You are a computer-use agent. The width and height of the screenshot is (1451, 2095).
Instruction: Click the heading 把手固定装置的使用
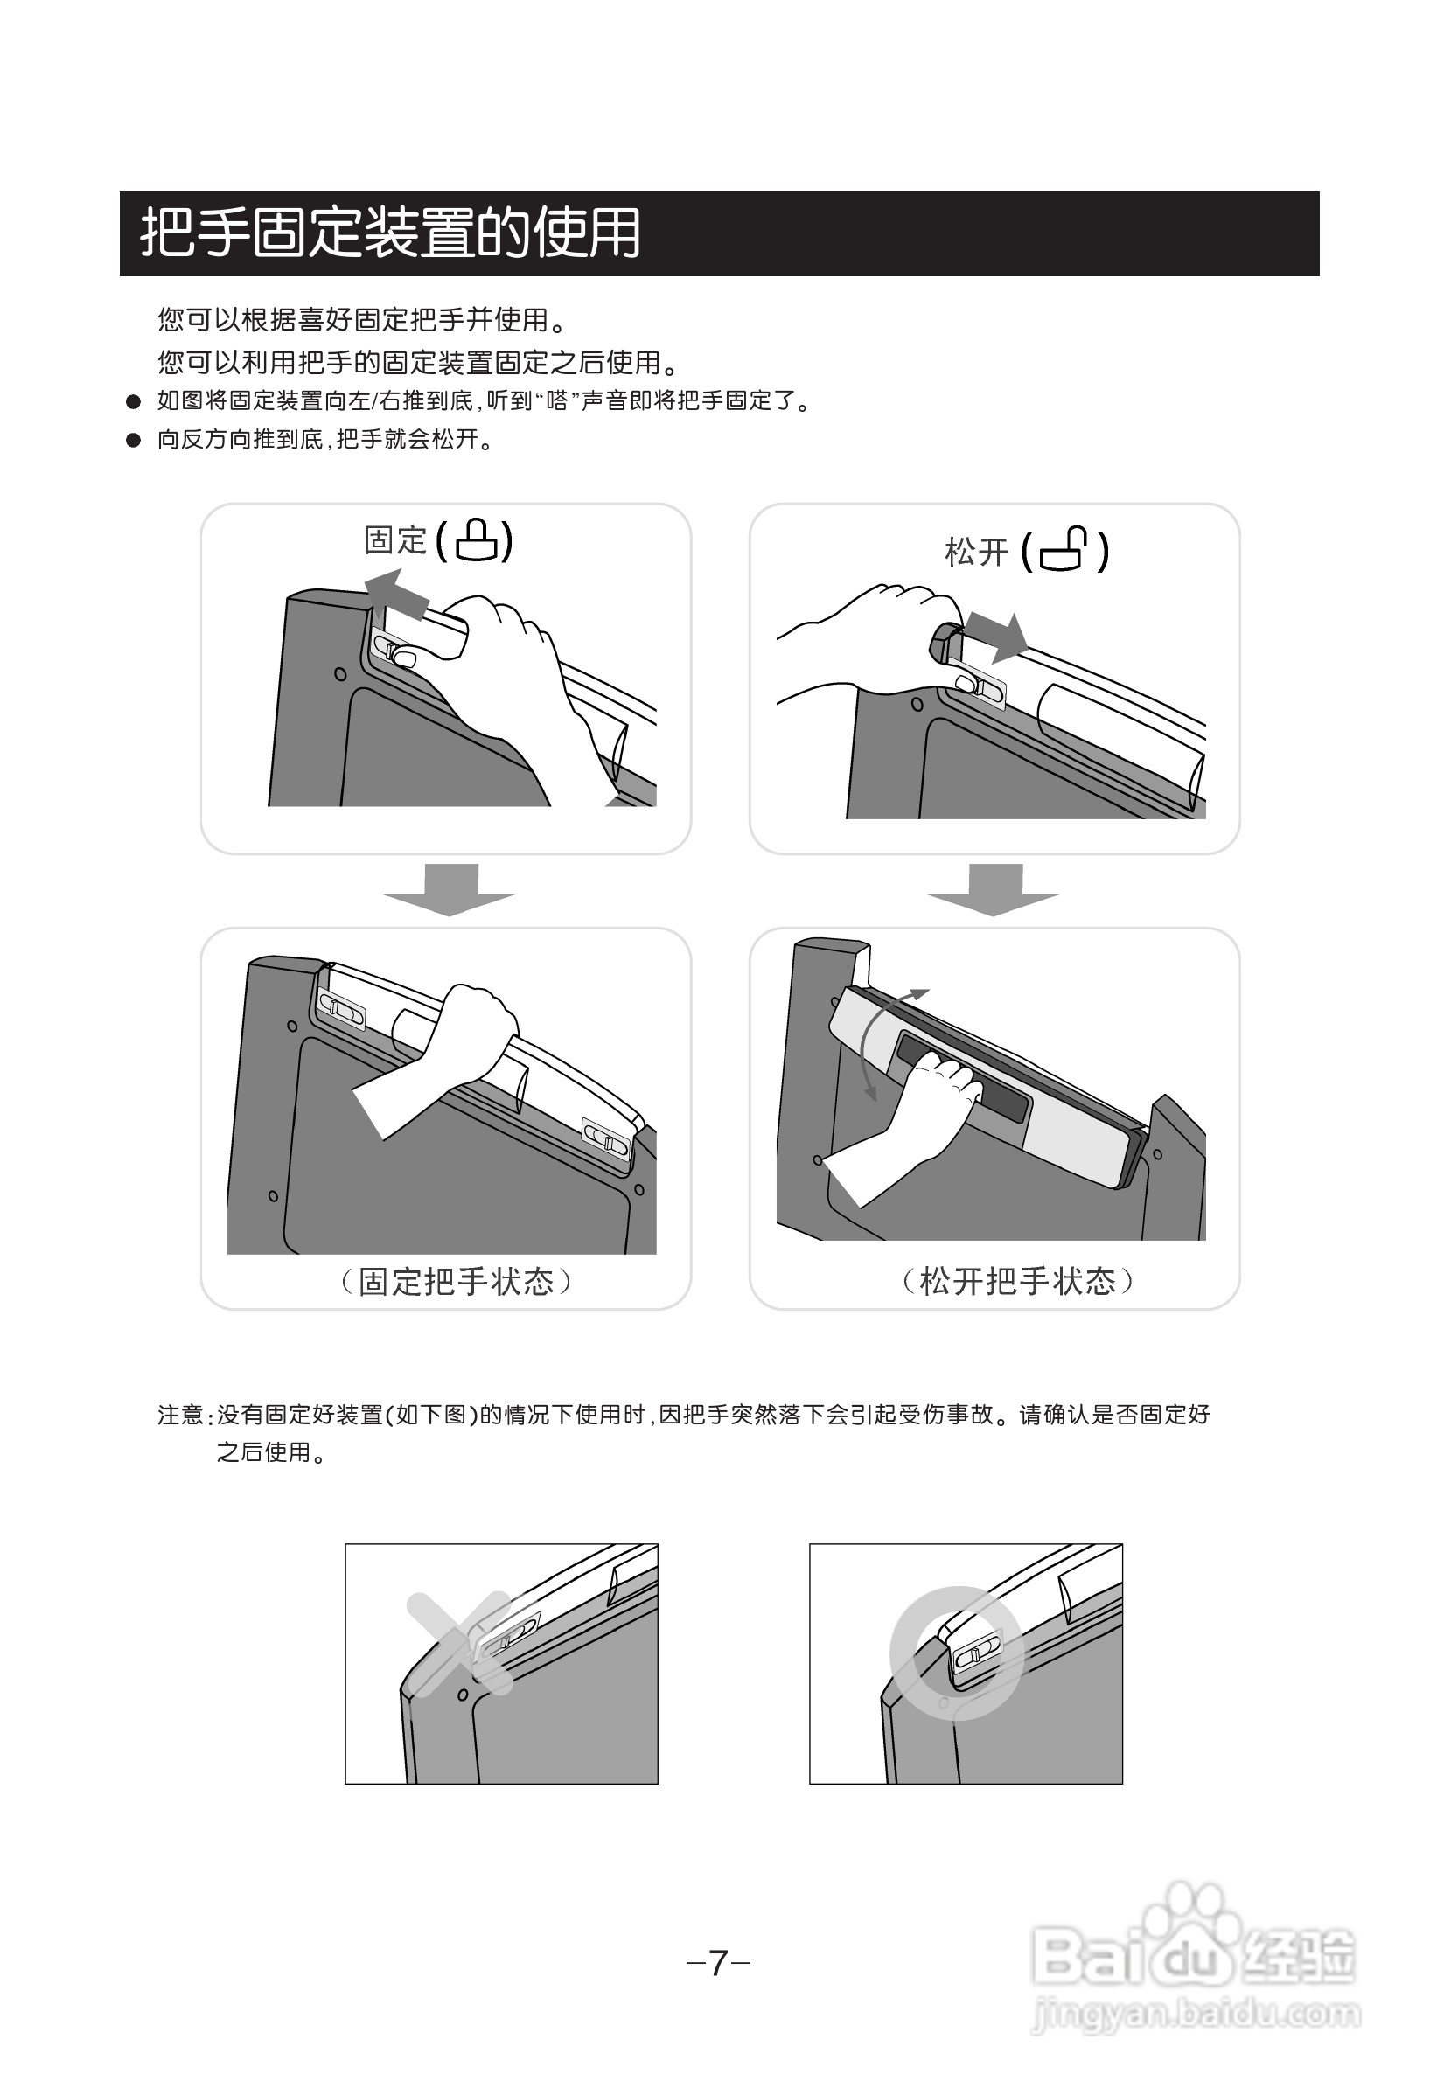coord(390,233)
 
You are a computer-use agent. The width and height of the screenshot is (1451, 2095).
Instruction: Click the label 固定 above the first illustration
coord(395,539)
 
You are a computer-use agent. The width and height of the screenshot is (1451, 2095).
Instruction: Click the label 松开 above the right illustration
coord(976,552)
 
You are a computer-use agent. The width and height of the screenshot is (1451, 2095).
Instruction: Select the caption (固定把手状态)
coord(457,1282)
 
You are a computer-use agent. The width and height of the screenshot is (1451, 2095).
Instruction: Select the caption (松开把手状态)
coord(1017,1282)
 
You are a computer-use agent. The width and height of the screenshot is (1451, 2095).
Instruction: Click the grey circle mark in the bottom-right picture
coord(957,1653)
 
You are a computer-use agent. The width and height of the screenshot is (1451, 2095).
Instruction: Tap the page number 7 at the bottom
coord(717,1963)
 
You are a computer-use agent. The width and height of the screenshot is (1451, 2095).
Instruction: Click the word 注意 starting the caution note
coord(180,1415)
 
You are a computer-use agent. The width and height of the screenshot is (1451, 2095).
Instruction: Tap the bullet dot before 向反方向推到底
coord(134,440)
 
